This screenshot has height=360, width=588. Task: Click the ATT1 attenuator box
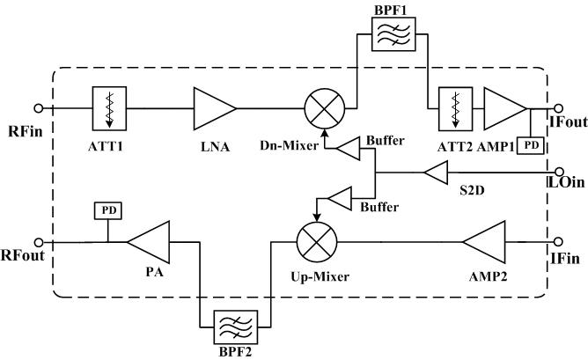[x=106, y=108]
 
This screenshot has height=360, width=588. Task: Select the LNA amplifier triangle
[x=215, y=108]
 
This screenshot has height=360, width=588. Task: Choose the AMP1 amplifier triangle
[x=503, y=108]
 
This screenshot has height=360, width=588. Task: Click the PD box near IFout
[x=532, y=143]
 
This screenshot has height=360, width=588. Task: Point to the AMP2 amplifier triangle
[x=479, y=241]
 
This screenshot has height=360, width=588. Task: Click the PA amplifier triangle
[x=149, y=241]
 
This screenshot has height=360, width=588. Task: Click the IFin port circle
[x=556, y=241]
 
